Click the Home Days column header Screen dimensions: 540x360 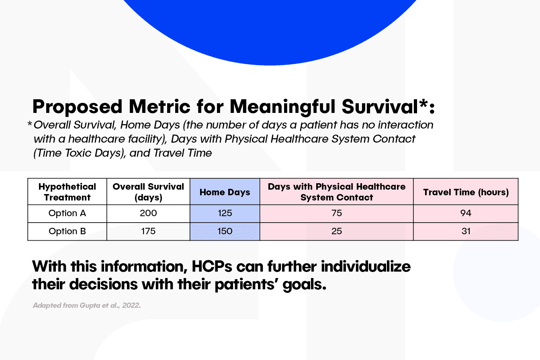(225, 192)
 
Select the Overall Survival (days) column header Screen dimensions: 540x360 (148, 192)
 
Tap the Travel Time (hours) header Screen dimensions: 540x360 (466, 192)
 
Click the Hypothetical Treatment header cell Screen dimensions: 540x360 (67, 192)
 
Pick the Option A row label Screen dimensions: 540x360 (67, 213)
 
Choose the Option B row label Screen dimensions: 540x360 (67, 231)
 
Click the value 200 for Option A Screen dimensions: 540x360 (148, 213)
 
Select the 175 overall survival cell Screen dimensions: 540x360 (148, 231)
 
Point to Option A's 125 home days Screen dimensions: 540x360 (225, 213)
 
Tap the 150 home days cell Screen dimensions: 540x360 (225, 231)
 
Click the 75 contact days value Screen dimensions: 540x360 (337, 213)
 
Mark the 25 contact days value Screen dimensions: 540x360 (337, 231)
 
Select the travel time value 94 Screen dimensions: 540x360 (466, 213)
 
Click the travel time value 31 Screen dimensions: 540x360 (466, 231)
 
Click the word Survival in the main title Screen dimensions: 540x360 (380, 106)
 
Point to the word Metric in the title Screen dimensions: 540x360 (160, 106)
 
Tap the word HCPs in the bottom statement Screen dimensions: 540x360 (212, 266)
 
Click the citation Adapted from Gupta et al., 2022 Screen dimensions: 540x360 (87, 305)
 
